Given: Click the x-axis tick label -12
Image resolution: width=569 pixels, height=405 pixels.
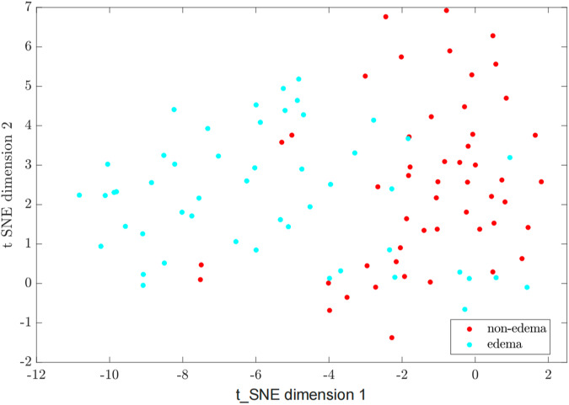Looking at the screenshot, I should tap(35, 374).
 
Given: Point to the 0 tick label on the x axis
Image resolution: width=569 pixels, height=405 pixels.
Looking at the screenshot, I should tap(475, 374).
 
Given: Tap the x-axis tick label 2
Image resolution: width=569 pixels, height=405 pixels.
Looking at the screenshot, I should tap(548, 374).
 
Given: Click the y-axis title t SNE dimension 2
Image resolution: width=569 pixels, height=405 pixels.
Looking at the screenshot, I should tap(8, 184).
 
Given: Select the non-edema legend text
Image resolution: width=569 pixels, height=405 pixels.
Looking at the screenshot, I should tap(518, 327).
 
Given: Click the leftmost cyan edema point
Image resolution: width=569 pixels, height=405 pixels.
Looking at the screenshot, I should tap(79, 195).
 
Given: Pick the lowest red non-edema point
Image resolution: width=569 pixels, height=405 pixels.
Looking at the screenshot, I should tap(392, 338).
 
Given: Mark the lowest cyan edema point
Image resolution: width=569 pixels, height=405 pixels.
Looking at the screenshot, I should tap(464, 309).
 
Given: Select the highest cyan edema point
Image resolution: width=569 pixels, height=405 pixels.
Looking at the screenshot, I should tap(298, 79).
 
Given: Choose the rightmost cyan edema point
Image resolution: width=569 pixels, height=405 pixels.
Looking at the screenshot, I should tap(527, 287).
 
